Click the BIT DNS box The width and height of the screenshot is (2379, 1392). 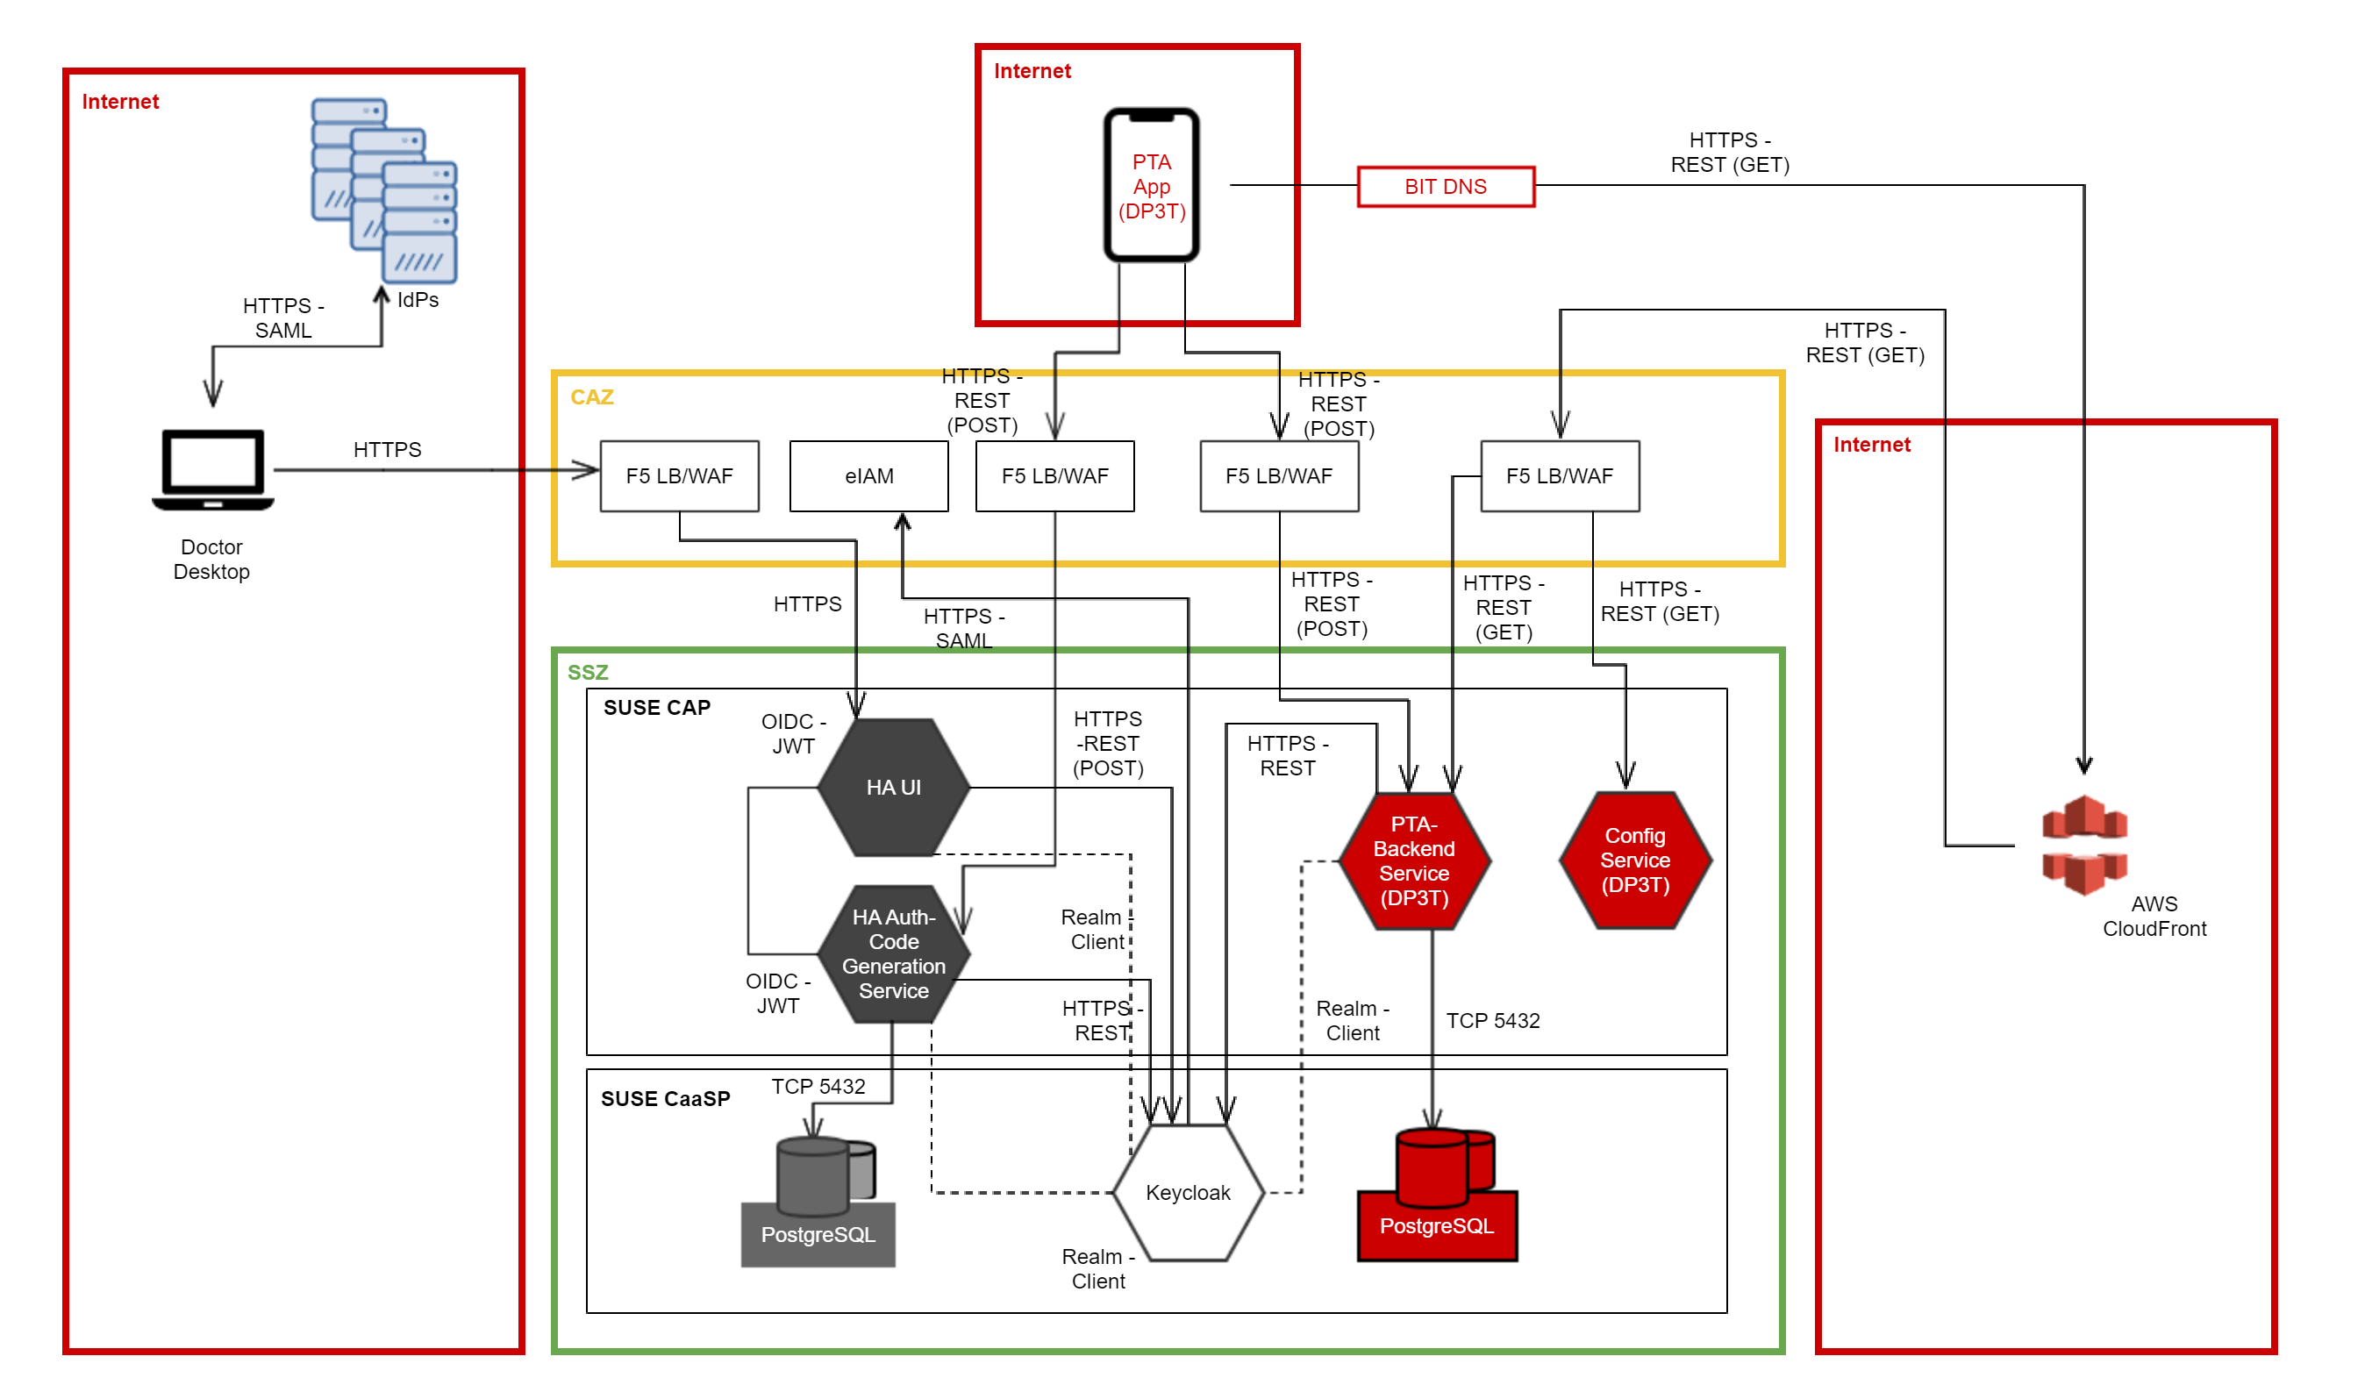click(1445, 187)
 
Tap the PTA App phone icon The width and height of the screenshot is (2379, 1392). click(1151, 185)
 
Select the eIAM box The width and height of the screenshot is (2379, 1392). click(868, 475)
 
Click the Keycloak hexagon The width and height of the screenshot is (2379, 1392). click(1188, 1192)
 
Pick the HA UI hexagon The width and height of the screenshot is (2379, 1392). click(893, 787)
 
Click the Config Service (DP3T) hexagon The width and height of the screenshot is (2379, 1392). click(1634, 860)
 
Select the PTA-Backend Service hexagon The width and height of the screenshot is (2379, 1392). click(1413, 860)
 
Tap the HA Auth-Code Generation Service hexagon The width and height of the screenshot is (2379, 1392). click(893, 953)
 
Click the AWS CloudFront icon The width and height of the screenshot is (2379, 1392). click(2083, 844)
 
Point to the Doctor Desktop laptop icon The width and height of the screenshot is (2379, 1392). click(213, 470)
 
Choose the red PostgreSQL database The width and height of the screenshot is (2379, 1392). click(1436, 1194)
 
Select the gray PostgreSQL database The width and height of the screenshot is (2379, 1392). click(818, 1201)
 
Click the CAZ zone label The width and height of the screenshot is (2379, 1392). click(592, 397)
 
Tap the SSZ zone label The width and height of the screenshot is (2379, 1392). click(587, 672)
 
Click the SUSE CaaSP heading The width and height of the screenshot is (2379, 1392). click(665, 1098)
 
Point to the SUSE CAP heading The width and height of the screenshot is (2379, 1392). click(656, 708)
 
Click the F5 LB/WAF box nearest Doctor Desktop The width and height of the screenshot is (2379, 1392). click(679, 475)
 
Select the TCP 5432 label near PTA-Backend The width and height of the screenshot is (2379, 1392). click(1492, 1020)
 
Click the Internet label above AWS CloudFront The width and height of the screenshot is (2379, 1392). click(1871, 445)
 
